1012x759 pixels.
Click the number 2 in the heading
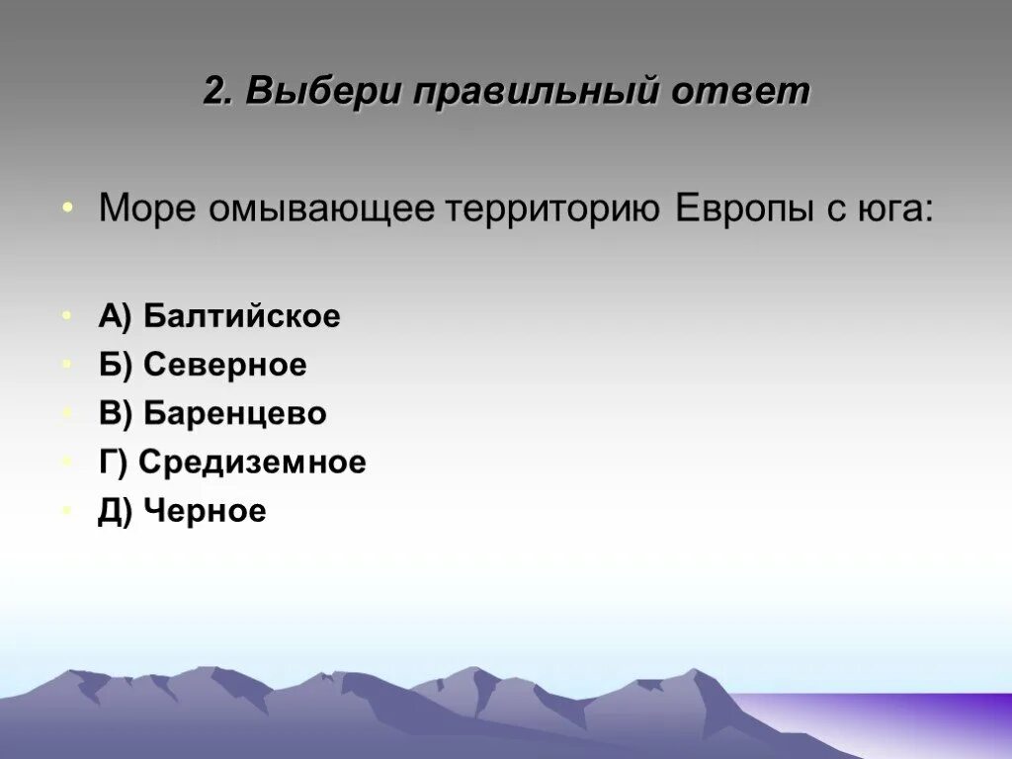pos(214,92)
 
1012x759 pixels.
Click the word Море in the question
pos(147,210)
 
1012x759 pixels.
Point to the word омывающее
pos(322,210)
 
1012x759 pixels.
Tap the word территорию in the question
pos(554,210)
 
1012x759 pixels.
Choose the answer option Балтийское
pos(241,316)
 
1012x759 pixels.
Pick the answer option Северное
pos(224,366)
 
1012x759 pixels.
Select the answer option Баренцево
pos(234,414)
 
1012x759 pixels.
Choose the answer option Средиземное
pos(252,463)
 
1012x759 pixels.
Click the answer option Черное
pos(205,511)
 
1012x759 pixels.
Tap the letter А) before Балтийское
pos(115,316)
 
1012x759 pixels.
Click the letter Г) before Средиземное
pos(113,463)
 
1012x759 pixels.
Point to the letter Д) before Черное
pos(115,511)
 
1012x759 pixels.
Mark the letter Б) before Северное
pos(115,366)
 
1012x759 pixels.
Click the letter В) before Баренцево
pos(115,414)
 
